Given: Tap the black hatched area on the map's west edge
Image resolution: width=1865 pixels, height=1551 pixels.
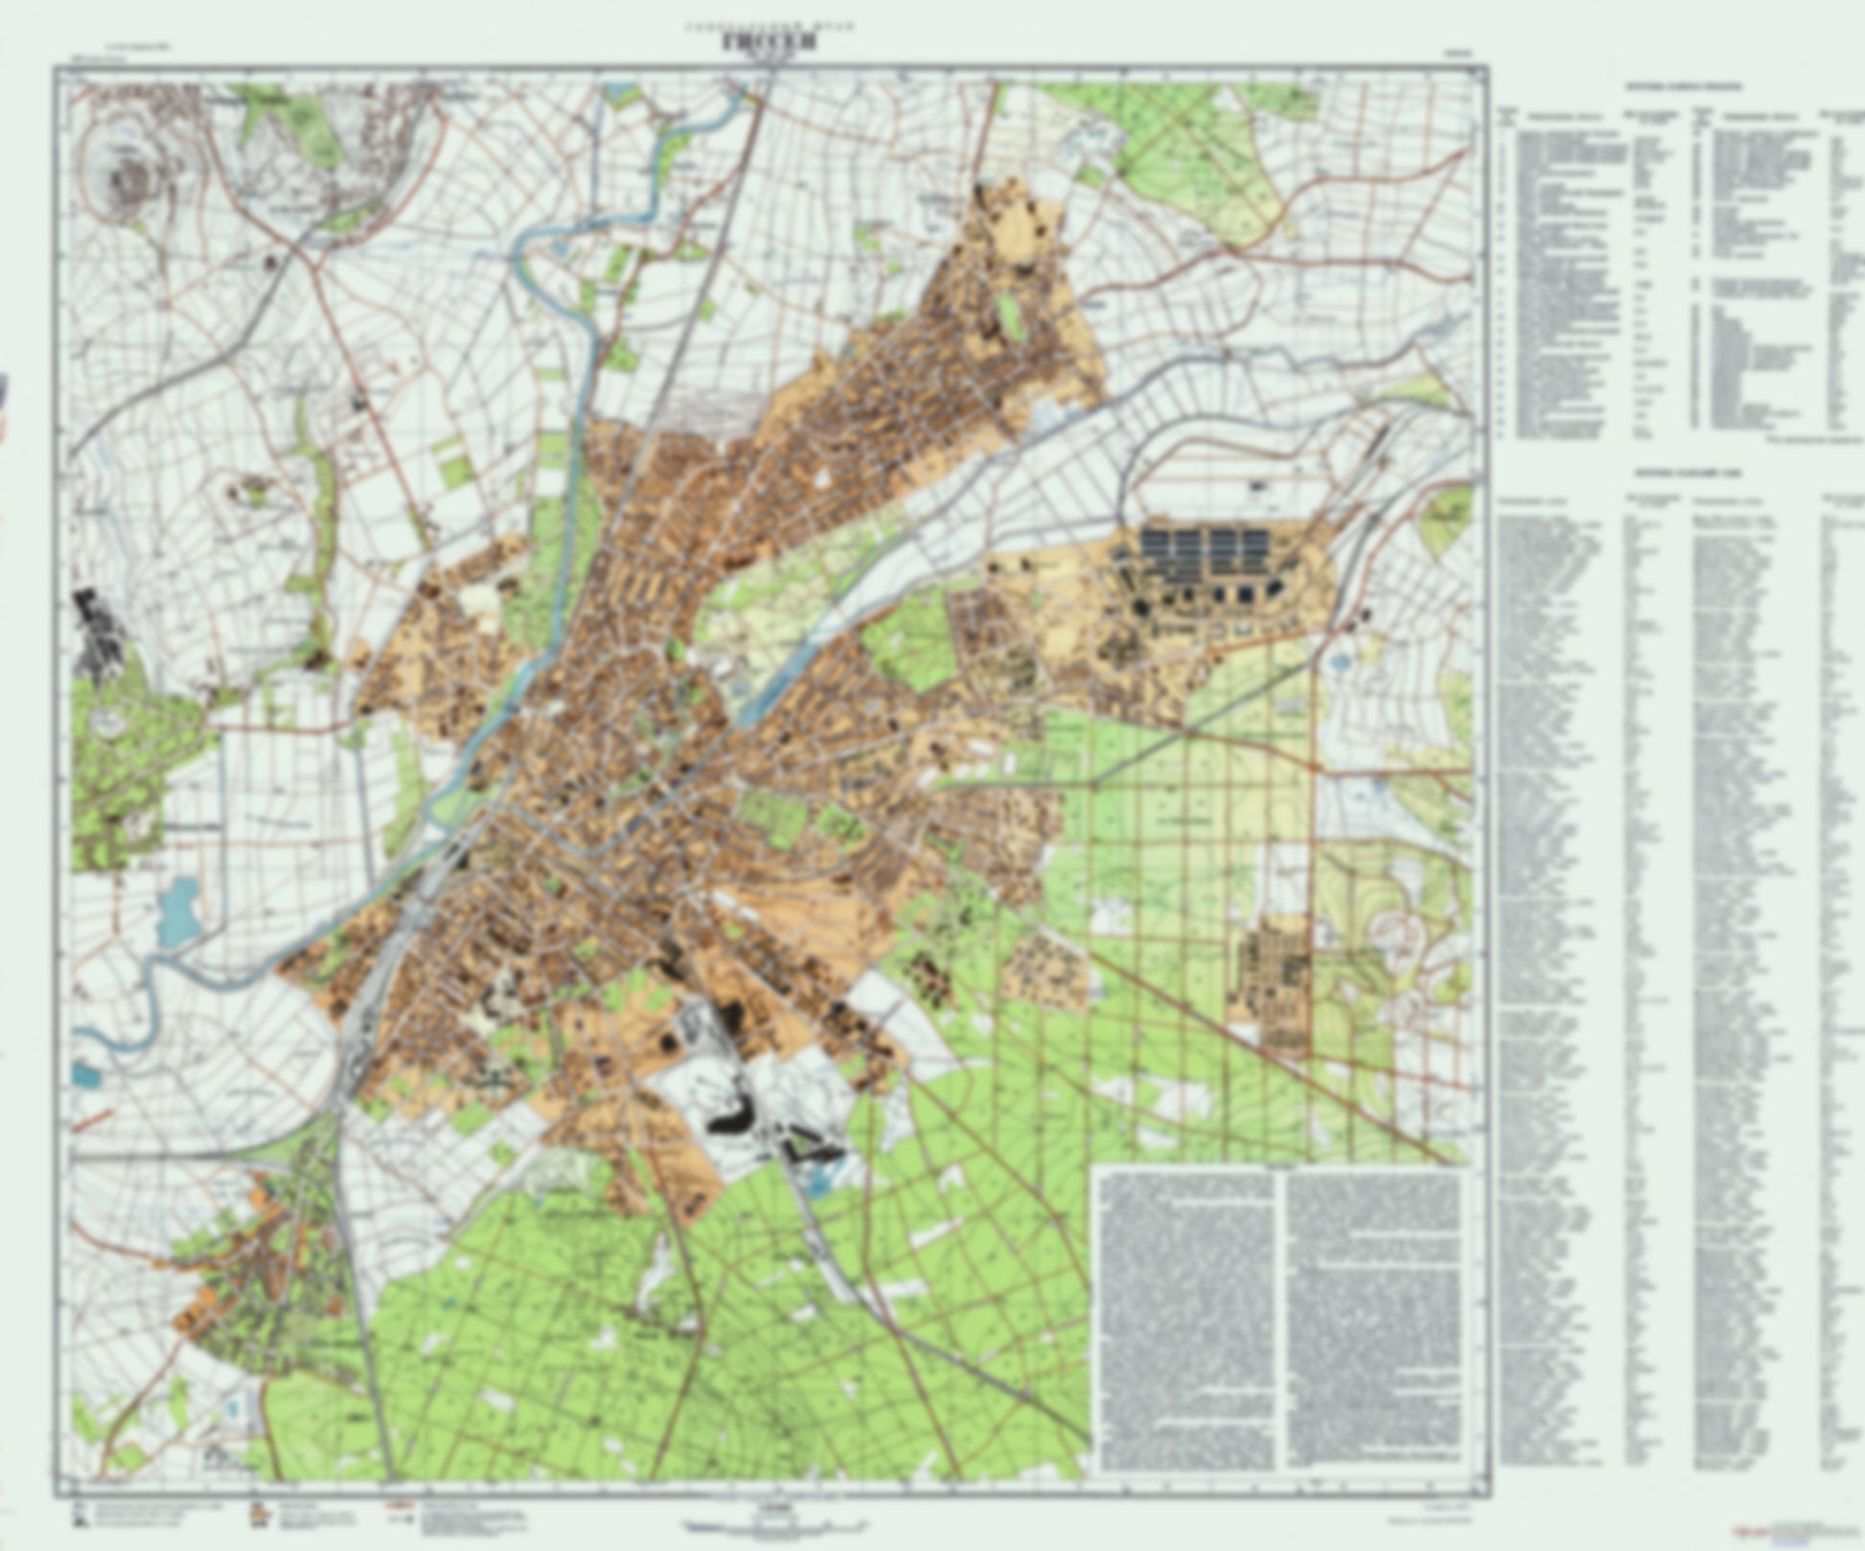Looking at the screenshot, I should pyautogui.click(x=96, y=628).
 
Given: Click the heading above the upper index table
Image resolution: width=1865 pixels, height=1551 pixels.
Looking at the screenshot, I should pyautogui.click(x=1682, y=86).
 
